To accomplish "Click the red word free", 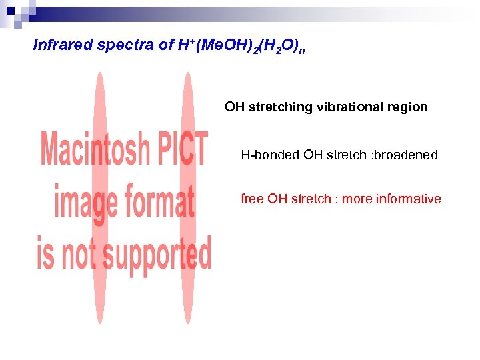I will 252,199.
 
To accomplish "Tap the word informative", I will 408,199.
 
